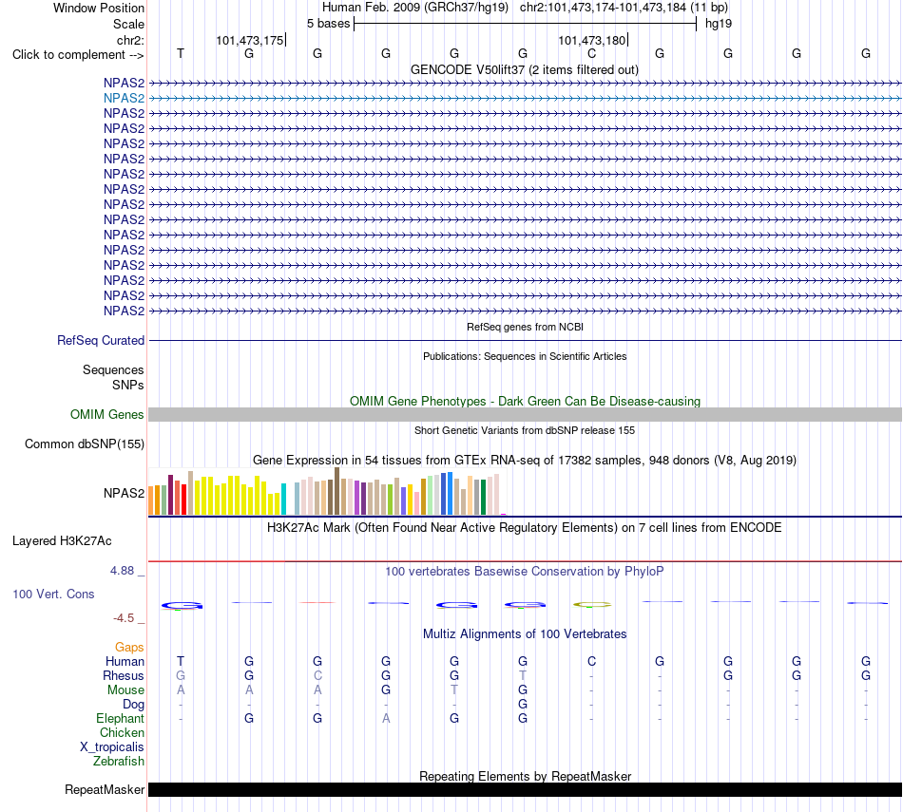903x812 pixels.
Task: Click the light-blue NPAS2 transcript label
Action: (124, 99)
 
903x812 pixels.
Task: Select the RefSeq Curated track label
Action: (101, 341)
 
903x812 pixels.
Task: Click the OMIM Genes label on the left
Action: (107, 414)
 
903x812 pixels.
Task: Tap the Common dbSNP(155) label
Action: (85, 444)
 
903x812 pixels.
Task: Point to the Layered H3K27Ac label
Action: (62, 541)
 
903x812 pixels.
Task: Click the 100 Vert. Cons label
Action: (53, 594)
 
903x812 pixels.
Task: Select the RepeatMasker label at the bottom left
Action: (105, 789)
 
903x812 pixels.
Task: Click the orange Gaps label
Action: (129, 648)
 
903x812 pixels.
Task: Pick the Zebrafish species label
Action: (119, 762)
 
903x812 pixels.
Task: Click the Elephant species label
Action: (121, 719)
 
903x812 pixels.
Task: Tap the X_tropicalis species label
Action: (112, 747)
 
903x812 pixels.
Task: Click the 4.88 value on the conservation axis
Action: (122, 570)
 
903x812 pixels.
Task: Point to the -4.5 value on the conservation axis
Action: (124, 618)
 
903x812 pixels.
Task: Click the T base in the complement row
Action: (181, 53)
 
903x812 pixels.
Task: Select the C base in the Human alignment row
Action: (591, 661)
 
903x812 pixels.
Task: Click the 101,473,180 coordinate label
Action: (591, 40)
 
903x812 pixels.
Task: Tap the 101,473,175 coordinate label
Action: (250, 40)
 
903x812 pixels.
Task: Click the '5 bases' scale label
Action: (328, 24)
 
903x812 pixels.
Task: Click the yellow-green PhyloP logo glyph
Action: (592, 605)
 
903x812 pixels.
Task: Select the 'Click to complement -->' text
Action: (78, 55)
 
